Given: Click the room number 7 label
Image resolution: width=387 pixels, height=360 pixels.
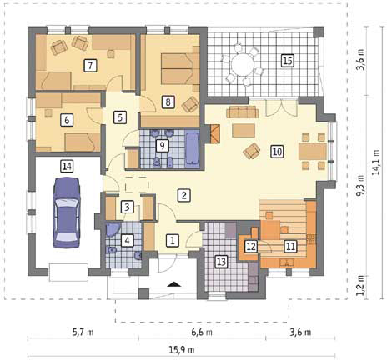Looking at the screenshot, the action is pos(90,66).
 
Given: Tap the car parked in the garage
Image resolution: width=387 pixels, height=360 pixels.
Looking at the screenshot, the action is pos(67,212).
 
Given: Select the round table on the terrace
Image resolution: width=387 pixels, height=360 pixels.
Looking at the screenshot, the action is pos(243,65).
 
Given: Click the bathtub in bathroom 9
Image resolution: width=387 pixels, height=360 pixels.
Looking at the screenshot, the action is pos(192,148).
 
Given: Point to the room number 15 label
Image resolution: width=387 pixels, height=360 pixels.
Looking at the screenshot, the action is pos(288,61).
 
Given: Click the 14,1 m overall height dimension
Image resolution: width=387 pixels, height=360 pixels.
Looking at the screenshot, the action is pos(377,162).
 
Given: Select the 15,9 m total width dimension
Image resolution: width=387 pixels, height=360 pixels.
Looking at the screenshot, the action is pos(182,350).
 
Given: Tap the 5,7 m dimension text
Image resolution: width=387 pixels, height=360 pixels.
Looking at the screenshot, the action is pos(83,332).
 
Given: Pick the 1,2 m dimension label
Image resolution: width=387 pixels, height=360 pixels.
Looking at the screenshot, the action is pos(361,289).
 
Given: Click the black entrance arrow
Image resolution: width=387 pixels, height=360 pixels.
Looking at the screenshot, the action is pos(173,284).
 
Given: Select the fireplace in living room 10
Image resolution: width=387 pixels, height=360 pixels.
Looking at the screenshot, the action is pos(215,134).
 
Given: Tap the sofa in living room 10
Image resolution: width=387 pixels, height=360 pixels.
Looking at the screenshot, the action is pos(243,112).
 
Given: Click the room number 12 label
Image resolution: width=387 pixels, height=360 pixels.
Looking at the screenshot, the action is pos(251,247).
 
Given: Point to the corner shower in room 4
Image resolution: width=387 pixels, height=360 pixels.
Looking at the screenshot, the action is pos(113,229).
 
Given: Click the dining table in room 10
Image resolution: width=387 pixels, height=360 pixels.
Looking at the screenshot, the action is pos(313,152).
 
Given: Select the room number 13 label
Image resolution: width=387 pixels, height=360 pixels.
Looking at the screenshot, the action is pos(221,262).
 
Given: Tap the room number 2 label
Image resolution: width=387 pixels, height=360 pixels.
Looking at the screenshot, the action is pos(183,195).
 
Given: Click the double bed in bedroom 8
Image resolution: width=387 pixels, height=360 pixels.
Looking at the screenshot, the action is pos(180,69).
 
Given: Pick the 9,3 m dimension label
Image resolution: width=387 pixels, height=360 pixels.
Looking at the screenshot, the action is pos(361,185).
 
